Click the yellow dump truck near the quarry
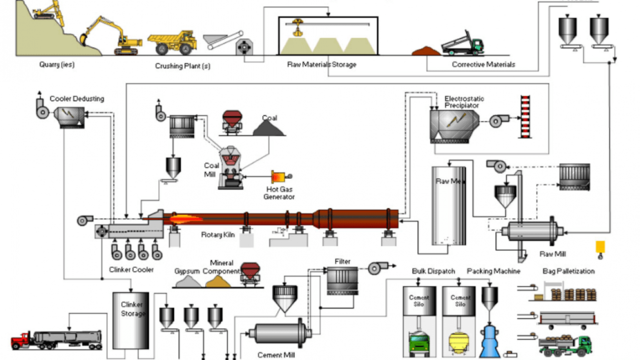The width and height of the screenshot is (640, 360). pos(172,41)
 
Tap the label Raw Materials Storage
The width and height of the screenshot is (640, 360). pos(321,64)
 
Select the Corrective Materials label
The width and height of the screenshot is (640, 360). pos(483,64)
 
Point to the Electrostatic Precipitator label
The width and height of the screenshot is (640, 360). pos(464,102)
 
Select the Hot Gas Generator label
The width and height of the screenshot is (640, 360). pos(280,193)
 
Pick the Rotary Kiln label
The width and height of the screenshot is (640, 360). pos(218,234)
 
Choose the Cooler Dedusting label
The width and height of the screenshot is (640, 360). pos(77,98)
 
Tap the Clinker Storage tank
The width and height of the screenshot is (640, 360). pos(130,320)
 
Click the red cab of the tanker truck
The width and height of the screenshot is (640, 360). pos(20,341)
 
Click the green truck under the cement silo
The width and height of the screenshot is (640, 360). pos(418,343)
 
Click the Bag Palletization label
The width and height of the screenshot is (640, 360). pos(568,271)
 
